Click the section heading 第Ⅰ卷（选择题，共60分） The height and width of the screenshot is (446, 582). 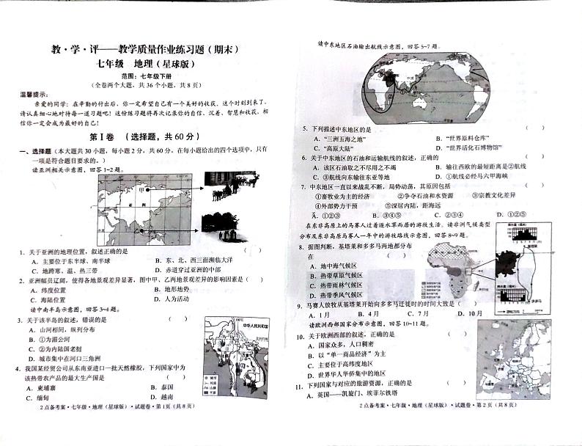[x=149, y=136]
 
